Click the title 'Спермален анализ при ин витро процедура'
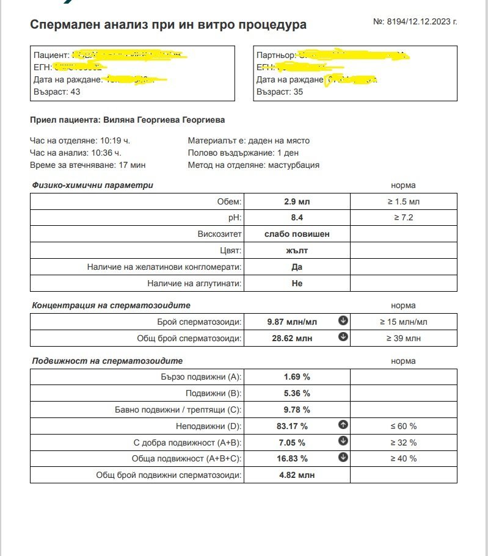(168, 24)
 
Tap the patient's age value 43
(75, 92)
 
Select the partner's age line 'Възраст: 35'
(279, 92)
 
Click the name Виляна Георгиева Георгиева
(164, 120)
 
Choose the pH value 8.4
(297, 217)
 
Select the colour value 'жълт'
(297, 250)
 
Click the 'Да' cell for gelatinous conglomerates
(297, 267)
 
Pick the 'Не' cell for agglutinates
(297, 283)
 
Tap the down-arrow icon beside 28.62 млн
(343, 337)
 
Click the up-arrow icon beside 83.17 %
(343, 425)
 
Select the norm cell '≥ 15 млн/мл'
(404, 322)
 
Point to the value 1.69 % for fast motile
(297, 377)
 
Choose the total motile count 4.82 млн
(297, 475)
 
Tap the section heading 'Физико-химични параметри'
(92, 185)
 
